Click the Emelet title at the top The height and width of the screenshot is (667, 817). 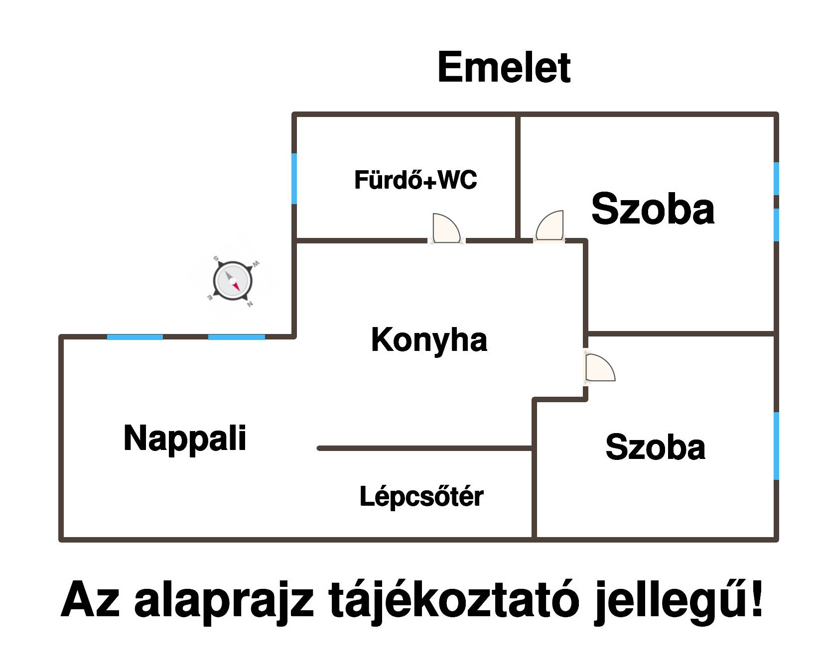coord(504,68)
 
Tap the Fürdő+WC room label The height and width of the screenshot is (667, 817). coord(415,180)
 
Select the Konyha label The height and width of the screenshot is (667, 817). coord(429,340)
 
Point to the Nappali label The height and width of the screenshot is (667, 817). coord(185,439)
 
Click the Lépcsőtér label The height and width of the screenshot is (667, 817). coord(421,496)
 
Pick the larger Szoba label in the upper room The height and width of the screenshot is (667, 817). coord(653,209)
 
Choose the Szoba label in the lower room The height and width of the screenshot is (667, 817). coord(655,447)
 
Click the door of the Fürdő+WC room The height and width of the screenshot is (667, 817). coord(446,228)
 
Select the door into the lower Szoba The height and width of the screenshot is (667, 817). coord(600,368)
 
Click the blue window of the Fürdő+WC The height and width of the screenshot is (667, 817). coord(294,178)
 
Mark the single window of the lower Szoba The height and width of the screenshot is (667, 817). coord(776,445)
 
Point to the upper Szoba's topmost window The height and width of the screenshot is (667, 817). coord(776,179)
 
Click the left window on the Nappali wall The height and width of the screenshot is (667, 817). coord(135,337)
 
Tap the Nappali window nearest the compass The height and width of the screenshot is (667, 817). coord(236,337)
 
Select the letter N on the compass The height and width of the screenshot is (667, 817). coord(250,304)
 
